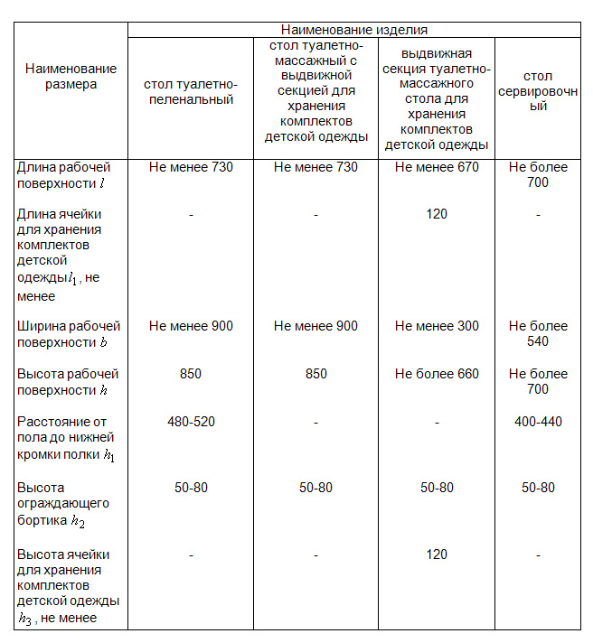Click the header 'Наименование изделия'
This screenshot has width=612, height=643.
[353, 30]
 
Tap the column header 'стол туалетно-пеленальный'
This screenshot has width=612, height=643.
[191, 91]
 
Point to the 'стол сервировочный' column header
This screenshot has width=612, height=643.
[537, 91]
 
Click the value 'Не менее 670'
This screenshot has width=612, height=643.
[437, 167]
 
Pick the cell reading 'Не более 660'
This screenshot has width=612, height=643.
[437, 374]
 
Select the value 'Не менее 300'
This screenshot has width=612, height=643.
[437, 326]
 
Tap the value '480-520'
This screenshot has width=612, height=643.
[191, 422]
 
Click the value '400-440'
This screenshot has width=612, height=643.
[537, 422]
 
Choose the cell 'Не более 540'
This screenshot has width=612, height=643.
[537, 334]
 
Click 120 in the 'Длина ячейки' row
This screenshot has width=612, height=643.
[437, 215]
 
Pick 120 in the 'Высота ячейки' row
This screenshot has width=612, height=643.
[437, 554]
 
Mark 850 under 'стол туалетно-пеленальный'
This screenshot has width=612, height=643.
[191, 374]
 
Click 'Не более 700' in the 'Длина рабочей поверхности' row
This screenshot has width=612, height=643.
[537, 175]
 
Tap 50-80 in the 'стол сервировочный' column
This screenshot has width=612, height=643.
[537, 488]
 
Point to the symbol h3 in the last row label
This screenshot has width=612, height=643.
[25, 620]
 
